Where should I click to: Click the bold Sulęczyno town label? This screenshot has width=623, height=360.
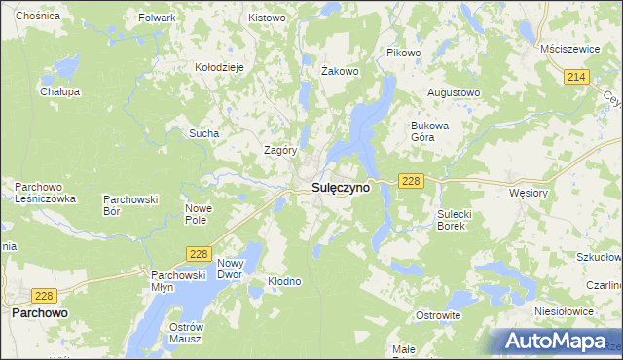coord(340,189)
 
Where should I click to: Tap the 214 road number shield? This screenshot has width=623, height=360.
coord(577,76)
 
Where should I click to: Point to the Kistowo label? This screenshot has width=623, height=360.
coord(267,18)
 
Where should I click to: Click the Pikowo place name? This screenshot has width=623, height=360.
coord(403,52)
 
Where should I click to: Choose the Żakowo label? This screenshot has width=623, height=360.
coord(341,71)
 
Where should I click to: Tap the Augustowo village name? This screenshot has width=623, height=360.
coord(454,93)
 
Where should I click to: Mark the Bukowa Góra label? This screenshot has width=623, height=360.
coord(429,131)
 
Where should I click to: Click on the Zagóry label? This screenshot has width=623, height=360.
coord(280,150)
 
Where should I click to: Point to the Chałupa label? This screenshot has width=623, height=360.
coord(59,91)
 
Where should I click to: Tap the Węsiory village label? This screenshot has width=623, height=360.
coord(530,193)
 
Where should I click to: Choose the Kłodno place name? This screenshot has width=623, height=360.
coord(285,281)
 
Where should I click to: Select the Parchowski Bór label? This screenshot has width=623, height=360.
coord(130,204)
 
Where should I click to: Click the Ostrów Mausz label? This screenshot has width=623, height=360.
coord(184,332)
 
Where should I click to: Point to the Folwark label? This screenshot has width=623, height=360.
coord(157,18)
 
